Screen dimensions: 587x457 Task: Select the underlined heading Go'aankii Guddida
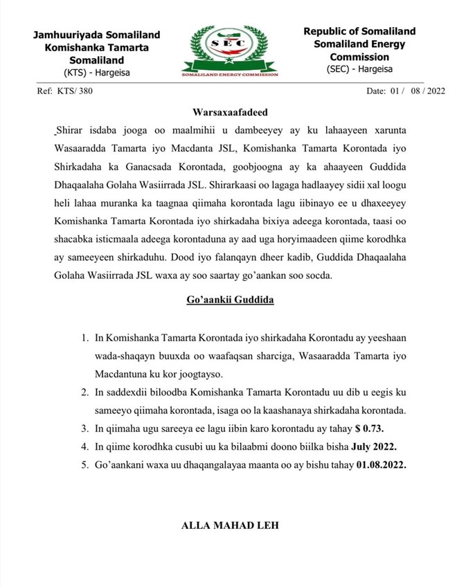point(228,300)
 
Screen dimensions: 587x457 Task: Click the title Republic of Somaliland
point(359,32)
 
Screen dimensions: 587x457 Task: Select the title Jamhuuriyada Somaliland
point(96,35)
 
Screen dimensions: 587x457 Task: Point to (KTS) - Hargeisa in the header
point(96,73)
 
